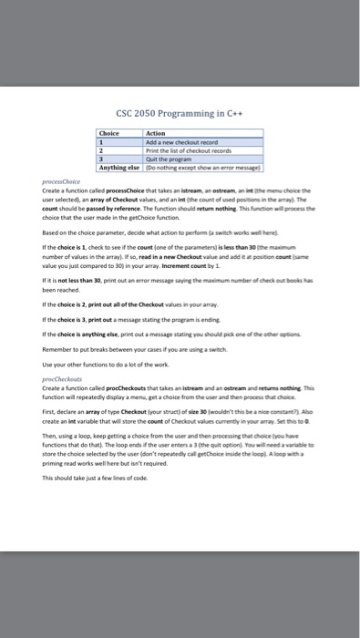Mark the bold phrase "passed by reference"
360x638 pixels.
(110, 206)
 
